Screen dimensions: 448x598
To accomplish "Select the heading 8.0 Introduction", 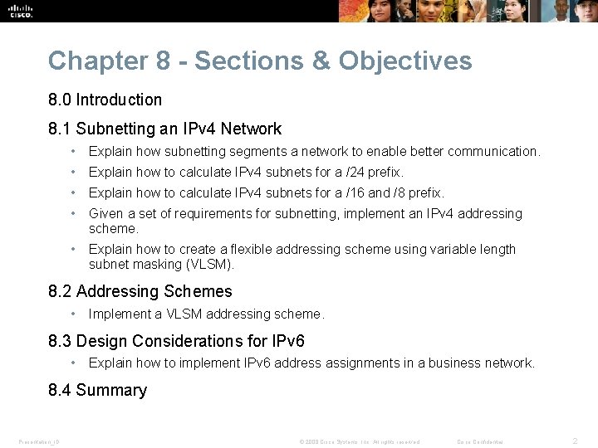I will coord(105,100).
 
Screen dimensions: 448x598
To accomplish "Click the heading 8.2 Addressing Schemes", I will coord(140,291).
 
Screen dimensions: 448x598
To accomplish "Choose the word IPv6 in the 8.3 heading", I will coord(287,341).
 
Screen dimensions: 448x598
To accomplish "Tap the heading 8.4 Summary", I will coord(97,390).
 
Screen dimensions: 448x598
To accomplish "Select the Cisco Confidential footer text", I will coord(480,441).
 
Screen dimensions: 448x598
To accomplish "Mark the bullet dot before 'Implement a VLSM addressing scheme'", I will coord(74,314).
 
